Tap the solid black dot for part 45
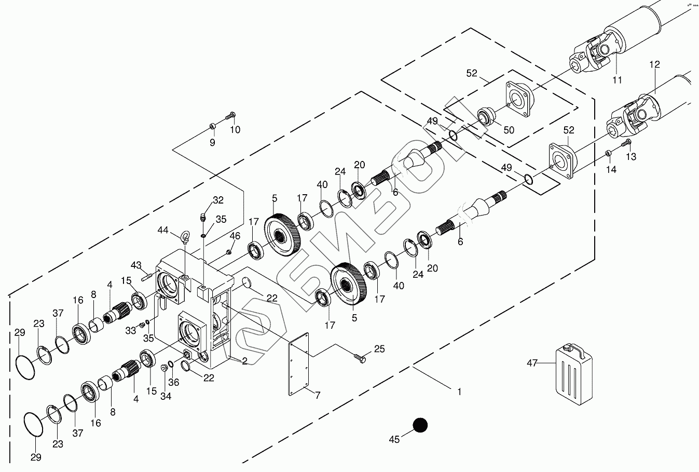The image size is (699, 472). (420, 425)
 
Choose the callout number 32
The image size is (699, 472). (218, 200)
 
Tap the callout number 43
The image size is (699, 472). (136, 265)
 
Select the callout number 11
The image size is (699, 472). (617, 80)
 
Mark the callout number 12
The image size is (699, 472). (654, 65)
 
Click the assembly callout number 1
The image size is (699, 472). (459, 391)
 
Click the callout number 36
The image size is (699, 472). (174, 383)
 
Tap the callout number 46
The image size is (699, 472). (235, 236)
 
